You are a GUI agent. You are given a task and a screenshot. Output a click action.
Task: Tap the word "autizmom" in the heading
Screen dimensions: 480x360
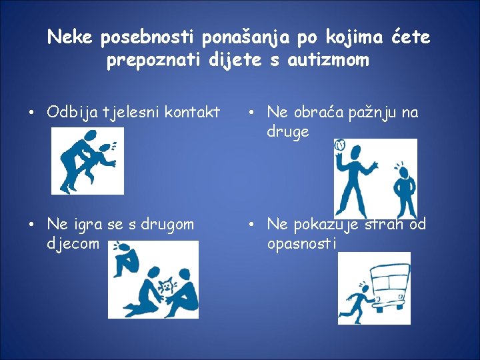[328, 60]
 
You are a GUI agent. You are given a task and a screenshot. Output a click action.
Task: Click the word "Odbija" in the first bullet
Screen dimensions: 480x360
[72, 113]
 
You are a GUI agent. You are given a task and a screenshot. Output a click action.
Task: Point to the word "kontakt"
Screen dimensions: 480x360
[192, 112]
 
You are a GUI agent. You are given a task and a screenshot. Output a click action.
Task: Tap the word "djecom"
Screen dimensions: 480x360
[73, 244]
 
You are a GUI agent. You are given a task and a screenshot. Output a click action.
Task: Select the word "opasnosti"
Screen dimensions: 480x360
[301, 244]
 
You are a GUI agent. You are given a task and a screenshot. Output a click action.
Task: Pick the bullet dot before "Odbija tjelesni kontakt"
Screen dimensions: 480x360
[31, 113]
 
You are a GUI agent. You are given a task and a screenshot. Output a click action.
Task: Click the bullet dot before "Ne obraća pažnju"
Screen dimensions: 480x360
[251, 113]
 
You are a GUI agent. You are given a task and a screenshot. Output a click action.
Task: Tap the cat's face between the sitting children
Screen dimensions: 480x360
[167, 285]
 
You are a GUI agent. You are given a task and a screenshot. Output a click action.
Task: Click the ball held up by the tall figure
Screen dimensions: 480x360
[340, 145]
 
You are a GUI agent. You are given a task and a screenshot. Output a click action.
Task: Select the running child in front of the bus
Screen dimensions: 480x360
[358, 302]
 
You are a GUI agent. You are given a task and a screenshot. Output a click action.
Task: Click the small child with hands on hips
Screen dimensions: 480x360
[405, 191]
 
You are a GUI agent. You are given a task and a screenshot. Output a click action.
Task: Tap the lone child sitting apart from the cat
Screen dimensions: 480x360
[125, 259]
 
